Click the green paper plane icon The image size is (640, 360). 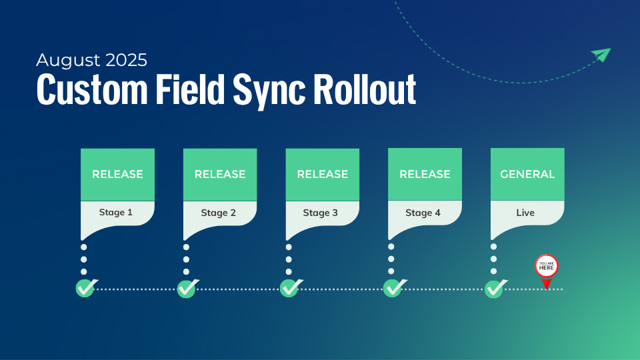pyautogui.click(x=601, y=55)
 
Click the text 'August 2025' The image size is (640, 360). pyautogui.click(x=91, y=60)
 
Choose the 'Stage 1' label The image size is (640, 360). pyautogui.click(x=116, y=213)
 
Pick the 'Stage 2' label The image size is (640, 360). pyautogui.click(x=219, y=213)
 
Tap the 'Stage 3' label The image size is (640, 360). pyautogui.click(x=321, y=213)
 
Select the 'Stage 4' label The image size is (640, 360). pyautogui.click(x=423, y=213)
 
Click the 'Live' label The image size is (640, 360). pyautogui.click(x=525, y=213)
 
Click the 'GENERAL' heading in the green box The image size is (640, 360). pyautogui.click(x=527, y=175)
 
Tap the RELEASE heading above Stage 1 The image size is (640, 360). pyautogui.click(x=117, y=175)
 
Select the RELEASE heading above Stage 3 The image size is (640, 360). pyautogui.click(x=323, y=175)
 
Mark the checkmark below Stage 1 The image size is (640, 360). pyautogui.click(x=85, y=289)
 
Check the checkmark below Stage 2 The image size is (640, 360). pyautogui.click(x=187, y=289)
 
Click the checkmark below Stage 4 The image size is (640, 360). pyautogui.click(x=393, y=289)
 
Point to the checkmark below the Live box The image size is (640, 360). pyautogui.click(x=494, y=289)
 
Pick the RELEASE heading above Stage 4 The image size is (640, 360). pyautogui.click(x=425, y=175)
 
